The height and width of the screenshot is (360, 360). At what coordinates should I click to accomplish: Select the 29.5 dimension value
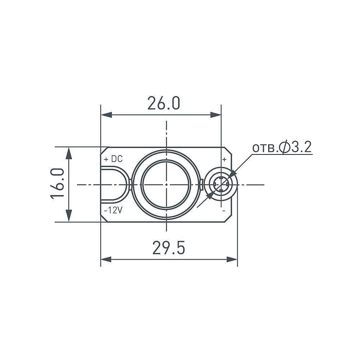[x=169, y=248]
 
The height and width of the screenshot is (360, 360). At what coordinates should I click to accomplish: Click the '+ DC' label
[x=113, y=159]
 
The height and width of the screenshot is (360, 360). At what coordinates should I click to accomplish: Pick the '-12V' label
[x=113, y=210]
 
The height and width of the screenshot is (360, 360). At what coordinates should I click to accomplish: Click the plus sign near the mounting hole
[x=224, y=159]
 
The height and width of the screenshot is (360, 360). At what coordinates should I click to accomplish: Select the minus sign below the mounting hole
[x=224, y=210]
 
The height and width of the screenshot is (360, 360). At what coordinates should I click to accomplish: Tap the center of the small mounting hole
[x=221, y=184]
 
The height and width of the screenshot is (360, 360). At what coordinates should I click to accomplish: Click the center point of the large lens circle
[x=166, y=184]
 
